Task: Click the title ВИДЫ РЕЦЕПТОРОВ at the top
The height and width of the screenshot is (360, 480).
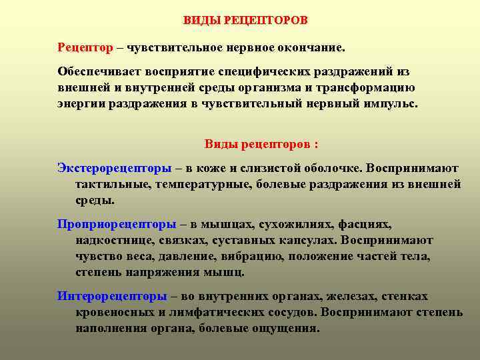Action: (x=246, y=20)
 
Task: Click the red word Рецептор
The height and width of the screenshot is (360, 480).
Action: (x=84, y=48)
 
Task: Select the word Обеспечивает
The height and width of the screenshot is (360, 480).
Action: (x=96, y=71)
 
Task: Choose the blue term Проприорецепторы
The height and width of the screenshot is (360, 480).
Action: (x=117, y=224)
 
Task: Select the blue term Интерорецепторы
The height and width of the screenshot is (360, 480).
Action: (x=112, y=296)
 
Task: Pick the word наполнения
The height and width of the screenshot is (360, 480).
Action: (x=109, y=328)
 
